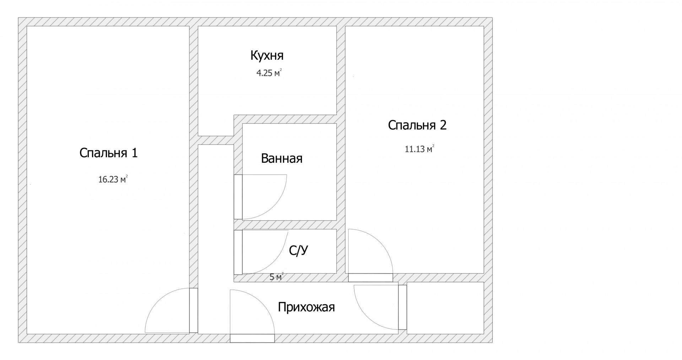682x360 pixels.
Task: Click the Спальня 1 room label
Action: point(108,153)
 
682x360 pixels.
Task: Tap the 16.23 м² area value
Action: point(113,179)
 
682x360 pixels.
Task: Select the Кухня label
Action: point(267,56)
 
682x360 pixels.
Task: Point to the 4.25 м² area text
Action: point(269,73)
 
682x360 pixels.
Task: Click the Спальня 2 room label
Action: point(417,125)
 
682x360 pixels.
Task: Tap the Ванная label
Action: point(282,158)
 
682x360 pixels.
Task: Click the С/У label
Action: point(298,251)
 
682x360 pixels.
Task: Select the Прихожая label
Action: point(306,307)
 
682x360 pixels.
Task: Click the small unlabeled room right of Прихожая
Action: point(445,308)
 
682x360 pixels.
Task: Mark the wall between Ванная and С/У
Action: point(285,225)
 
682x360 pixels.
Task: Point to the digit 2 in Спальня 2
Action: point(443,125)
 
